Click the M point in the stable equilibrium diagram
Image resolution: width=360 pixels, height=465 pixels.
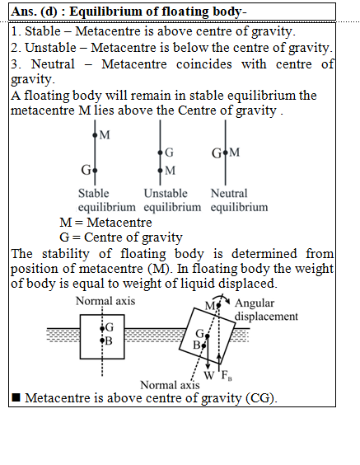(x=95, y=135)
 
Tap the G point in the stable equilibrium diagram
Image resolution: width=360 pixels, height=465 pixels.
(x=95, y=171)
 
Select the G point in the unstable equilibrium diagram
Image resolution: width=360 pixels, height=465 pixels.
(x=161, y=153)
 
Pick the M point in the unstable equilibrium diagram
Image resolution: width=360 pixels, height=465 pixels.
(x=161, y=171)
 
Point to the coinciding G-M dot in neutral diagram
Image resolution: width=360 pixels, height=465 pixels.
(x=226, y=153)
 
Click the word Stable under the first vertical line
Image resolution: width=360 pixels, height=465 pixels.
(x=94, y=194)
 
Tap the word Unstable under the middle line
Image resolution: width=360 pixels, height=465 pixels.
(x=166, y=194)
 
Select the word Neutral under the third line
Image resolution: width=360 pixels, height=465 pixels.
(x=229, y=194)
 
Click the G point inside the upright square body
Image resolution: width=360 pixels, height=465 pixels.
(x=102, y=329)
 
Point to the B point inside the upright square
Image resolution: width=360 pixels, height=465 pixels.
(x=102, y=341)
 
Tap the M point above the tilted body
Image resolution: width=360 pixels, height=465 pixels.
(x=218, y=305)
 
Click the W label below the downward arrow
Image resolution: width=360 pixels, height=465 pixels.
(x=209, y=375)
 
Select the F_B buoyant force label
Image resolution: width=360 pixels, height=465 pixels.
(x=227, y=376)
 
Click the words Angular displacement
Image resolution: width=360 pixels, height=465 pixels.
(x=266, y=310)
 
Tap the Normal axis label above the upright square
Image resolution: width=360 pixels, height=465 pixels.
(x=105, y=301)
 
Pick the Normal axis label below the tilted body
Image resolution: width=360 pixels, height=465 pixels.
(x=170, y=385)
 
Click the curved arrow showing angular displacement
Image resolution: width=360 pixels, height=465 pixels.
(x=222, y=296)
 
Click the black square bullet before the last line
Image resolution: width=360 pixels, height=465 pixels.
(x=16, y=397)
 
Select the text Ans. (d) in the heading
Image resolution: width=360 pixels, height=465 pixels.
(x=34, y=12)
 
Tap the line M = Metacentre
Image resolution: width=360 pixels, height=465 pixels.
(x=105, y=223)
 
